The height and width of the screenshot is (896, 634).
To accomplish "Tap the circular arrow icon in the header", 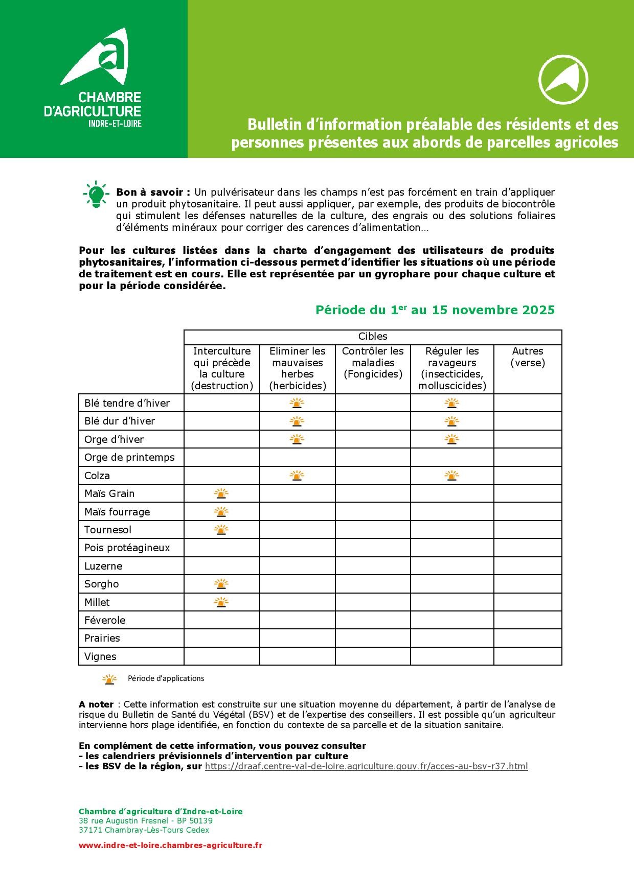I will (563, 79).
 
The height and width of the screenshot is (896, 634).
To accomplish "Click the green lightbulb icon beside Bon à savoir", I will (96, 194).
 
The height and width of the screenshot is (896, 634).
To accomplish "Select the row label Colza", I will (97, 476).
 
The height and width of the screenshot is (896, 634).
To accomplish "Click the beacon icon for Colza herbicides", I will (297, 476).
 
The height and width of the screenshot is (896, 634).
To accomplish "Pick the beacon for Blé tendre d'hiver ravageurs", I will (451, 403).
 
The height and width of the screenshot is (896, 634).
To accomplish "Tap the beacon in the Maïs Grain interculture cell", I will (221, 493).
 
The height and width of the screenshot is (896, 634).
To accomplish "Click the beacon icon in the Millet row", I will (221, 602).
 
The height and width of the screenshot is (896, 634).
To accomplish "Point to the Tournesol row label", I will (108, 530).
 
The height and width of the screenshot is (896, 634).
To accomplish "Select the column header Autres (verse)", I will (528, 357).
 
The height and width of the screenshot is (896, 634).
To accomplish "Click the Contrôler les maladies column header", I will (373, 363).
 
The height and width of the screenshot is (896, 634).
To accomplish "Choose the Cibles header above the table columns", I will (373, 337).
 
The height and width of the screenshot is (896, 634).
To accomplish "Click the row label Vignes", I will (100, 656).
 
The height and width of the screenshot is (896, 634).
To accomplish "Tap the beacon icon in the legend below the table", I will (109, 679).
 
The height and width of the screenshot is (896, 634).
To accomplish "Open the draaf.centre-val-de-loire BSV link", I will (366, 766).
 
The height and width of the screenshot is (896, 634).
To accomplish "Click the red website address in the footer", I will (170, 845).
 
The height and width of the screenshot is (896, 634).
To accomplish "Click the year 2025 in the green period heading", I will (538, 310).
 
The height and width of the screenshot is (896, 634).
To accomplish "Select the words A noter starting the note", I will (96, 705).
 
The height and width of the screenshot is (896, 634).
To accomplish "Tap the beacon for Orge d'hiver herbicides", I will (297, 439).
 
